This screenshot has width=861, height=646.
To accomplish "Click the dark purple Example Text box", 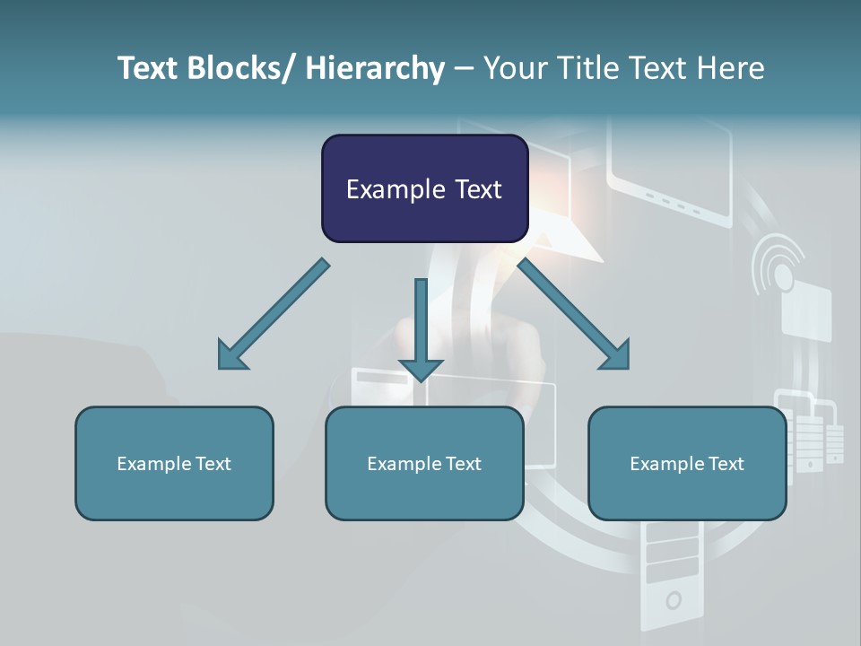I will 424,188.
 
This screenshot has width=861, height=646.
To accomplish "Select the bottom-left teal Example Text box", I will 174,463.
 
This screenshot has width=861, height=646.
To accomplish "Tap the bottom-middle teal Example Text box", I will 424,463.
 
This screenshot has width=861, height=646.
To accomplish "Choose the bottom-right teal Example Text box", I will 687,463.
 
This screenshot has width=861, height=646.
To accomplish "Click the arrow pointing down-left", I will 272,315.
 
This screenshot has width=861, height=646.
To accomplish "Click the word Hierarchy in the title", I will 375,68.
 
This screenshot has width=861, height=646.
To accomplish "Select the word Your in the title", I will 513,68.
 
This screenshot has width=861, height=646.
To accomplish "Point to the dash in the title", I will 464,69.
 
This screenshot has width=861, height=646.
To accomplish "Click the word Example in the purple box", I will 395,189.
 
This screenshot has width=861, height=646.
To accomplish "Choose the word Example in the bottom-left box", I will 152,464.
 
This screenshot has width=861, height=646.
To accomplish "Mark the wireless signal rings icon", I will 778,264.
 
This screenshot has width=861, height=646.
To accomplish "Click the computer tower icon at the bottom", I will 673,574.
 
